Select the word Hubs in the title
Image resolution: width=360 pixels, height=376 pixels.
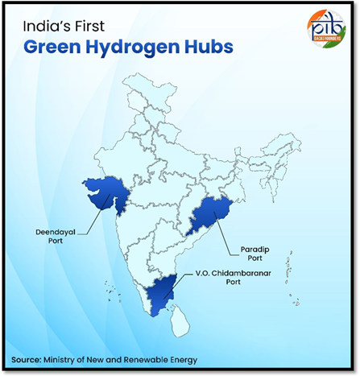click(212, 46)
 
